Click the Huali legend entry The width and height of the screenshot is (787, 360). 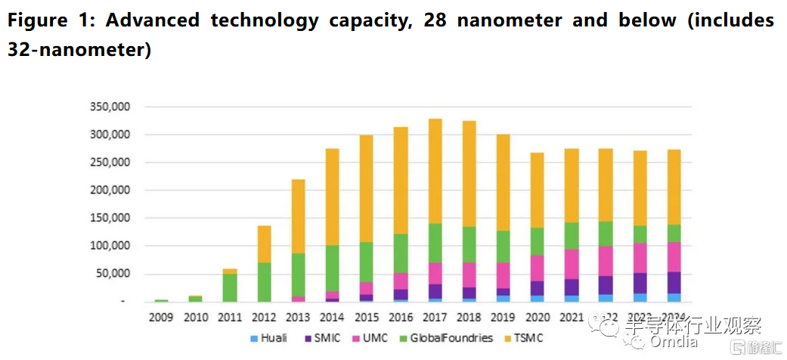tap(268, 337)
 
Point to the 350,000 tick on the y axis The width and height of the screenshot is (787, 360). tap(109, 107)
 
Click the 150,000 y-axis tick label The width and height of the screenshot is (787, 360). tap(109, 218)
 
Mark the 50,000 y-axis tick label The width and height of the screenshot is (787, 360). tap(112, 274)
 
